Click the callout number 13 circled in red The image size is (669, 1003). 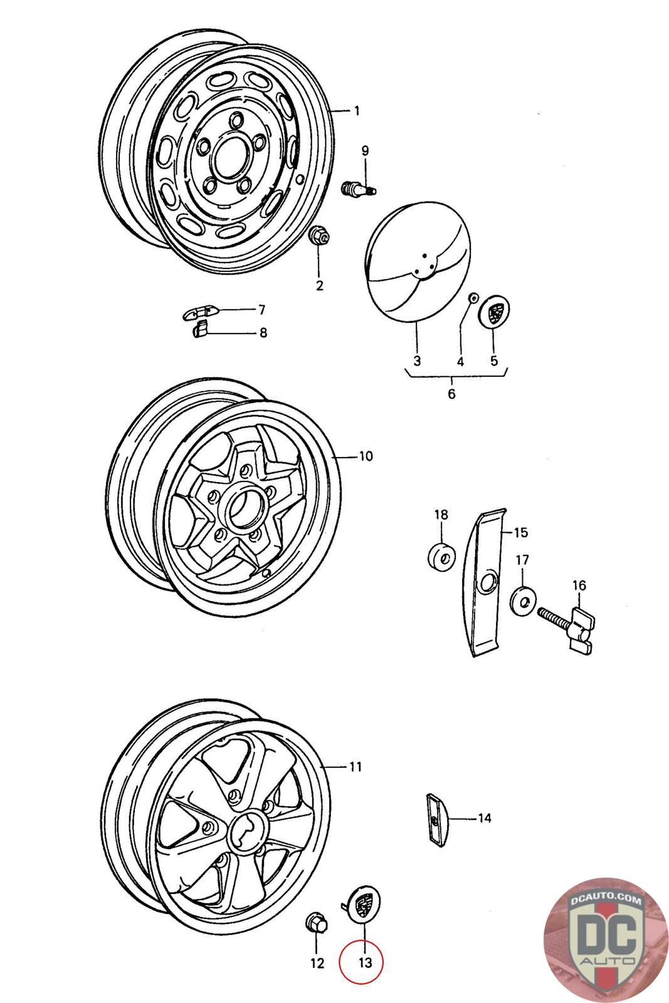click(x=364, y=962)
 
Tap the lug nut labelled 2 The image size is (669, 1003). click(x=319, y=236)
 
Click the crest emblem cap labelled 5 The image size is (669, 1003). click(x=495, y=311)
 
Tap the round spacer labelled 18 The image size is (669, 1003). click(x=441, y=557)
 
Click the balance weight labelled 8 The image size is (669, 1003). click(x=200, y=329)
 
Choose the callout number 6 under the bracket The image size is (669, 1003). click(x=451, y=394)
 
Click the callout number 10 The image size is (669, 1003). click(x=366, y=456)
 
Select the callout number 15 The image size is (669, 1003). click(x=520, y=533)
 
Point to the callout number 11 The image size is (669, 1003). click(x=356, y=766)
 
